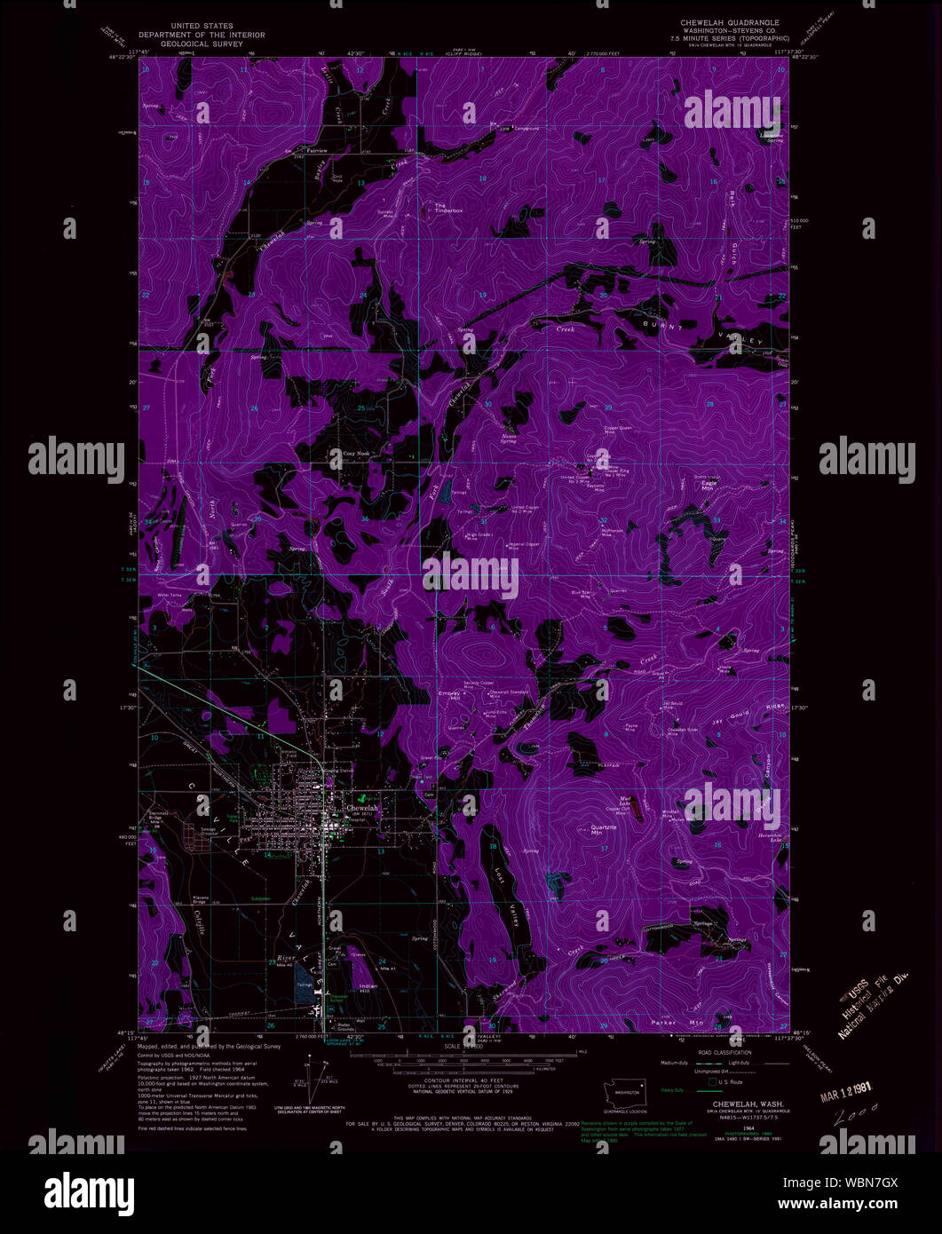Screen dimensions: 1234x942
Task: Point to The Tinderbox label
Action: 448,209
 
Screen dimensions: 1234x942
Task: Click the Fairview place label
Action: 317,151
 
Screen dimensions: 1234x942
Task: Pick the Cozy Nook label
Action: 356,453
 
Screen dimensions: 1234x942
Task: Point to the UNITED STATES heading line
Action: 201,27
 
